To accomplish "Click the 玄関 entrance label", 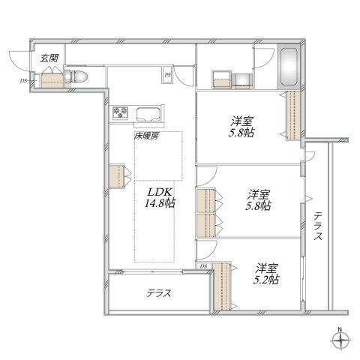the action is pyautogui.click(x=49, y=58).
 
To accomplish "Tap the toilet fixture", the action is pyautogui.click(x=76, y=76).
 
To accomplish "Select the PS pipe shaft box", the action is pyautogui.click(x=167, y=75).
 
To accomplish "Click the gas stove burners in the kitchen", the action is pyautogui.click(x=120, y=112).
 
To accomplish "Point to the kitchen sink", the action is pyautogui.click(x=148, y=114).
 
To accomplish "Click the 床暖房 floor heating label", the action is pyautogui.click(x=146, y=136).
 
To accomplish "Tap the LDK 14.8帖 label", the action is pyautogui.click(x=160, y=198).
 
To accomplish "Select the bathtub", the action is pyautogui.click(x=289, y=67).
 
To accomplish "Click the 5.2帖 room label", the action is pyautogui.click(x=266, y=274).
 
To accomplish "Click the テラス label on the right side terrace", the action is pyautogui.click(x=318, y=226).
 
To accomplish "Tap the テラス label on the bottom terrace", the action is pyautogui.click(x=159, y=293).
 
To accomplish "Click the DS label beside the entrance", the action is pyautogui.click(x=23, y=80).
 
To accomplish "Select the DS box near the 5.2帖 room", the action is pyautogui.click(x=204, y=266).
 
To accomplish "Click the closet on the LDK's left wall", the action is pyautogui.click(x=117, y=175).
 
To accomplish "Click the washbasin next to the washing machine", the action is pyautogui.click(x=243, y=81).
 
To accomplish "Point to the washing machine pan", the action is pyautogui.click(x=222, y=79).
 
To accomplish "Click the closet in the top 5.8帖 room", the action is pyautogui.click(x=292, y=115).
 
